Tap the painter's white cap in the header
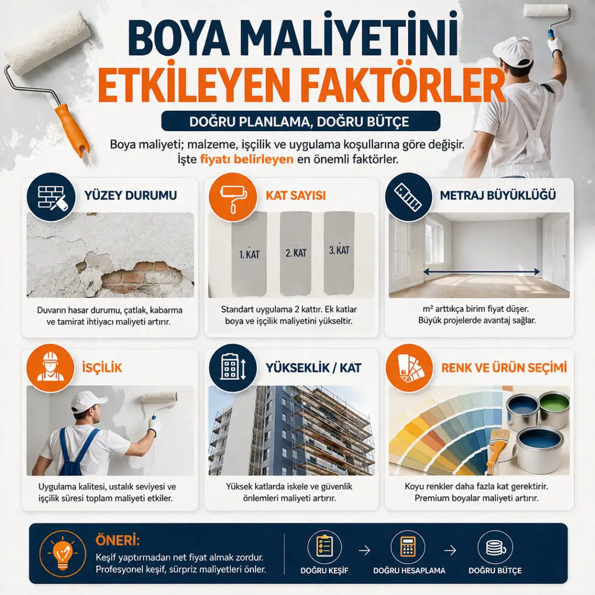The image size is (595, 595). click(512, 51)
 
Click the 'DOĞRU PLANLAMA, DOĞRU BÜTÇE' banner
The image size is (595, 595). click(300, 121)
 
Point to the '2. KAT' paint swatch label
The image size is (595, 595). click(296, 253)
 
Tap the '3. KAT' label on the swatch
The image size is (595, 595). click(339, 250)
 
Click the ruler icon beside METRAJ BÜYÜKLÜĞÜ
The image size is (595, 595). click(409, 196)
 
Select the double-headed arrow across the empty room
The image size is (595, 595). click(482, 271)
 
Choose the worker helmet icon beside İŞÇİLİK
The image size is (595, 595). click(51, 367)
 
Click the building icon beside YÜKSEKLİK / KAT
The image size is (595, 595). click(232, 367)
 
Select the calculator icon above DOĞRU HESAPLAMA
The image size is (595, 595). click(408, 547)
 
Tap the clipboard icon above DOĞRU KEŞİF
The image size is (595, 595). click(324, 547)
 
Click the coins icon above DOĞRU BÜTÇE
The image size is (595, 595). click(494, 547)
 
